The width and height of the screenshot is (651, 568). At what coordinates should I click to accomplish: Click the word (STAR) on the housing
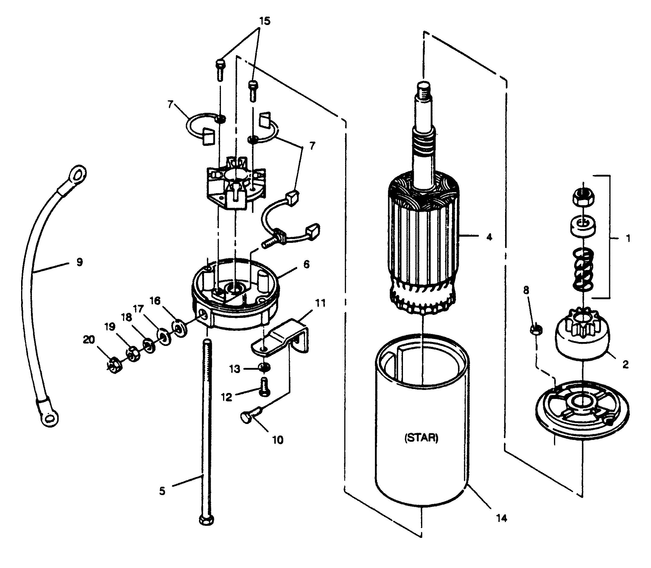tap(422, 438)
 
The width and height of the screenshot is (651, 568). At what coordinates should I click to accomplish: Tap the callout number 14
tap(501, 519)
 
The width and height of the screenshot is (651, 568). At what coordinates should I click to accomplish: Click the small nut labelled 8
tap(536, 329)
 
